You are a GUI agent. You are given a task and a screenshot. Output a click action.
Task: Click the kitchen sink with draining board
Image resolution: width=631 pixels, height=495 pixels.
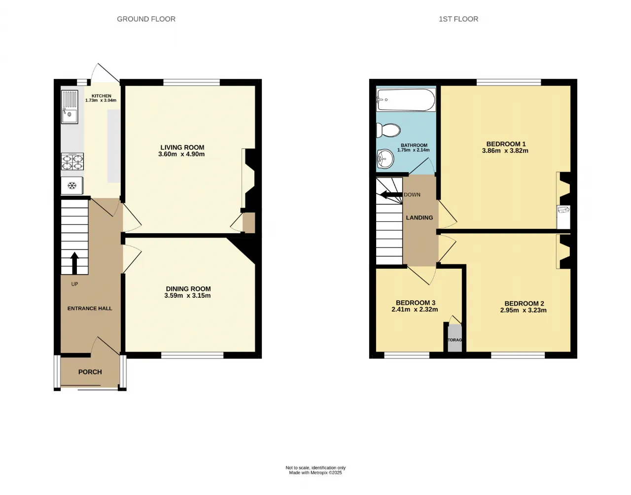(x=70, y=107)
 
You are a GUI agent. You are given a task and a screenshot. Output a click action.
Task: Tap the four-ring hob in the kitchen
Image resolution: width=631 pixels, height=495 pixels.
(x=72, y=162)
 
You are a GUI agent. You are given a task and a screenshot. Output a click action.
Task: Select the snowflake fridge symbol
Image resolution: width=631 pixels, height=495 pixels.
(x=71, y=185)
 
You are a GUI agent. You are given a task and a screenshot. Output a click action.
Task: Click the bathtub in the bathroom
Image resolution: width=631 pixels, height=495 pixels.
(x=406, y=100)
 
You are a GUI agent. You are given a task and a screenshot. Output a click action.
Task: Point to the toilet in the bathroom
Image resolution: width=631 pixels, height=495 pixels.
(x=388, y=130)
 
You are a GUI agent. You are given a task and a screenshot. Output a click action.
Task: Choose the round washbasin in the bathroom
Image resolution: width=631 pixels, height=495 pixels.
(x=385, y=159)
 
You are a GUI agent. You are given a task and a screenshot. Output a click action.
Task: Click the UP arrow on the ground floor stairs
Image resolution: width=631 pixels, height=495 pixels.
(x=74, y=263)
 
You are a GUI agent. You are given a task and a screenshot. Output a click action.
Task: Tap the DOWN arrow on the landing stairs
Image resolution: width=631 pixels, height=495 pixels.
(x=391, y=195)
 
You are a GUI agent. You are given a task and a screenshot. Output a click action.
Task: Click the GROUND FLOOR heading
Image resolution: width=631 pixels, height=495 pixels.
(x=146, y=19)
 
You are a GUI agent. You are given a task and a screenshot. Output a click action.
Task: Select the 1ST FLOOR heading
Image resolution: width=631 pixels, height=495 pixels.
(x=458, y=19)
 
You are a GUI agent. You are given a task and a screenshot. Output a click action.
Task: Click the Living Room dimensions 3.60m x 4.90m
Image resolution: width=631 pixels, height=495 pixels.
(x=181, y=154)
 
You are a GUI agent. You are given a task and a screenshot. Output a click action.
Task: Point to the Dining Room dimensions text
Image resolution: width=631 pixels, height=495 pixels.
(x=188, y=295)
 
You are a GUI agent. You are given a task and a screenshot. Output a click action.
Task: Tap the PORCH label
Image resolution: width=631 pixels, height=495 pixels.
(x=90, y=372)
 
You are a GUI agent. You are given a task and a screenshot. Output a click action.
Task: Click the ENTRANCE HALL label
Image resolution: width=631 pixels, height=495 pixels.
(x=90, y=308)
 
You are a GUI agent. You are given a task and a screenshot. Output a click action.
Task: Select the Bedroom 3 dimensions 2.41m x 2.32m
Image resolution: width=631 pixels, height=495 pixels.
(x=415, y=310)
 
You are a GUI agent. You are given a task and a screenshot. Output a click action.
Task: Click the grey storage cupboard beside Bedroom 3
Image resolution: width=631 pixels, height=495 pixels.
(x=455, y=338)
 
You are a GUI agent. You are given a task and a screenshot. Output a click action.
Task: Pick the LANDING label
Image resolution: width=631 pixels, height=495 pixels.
(x=420, y=218)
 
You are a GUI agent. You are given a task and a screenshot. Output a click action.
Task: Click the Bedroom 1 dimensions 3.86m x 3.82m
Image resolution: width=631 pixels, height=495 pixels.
(x=505, y=151)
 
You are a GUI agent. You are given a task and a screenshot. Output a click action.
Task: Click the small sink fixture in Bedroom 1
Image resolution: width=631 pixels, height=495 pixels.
(x=563, y=210)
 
